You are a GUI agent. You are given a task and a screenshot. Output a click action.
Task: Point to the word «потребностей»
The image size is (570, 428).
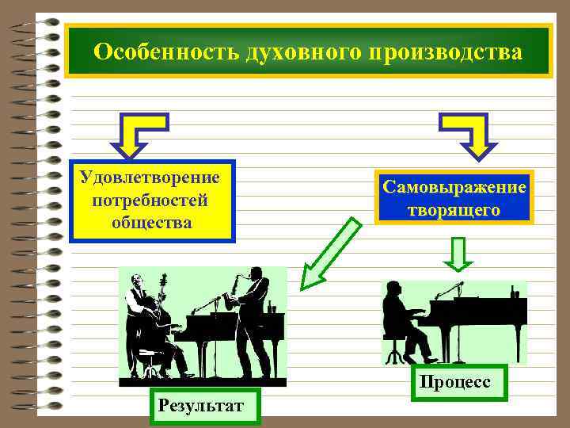click(150, 199)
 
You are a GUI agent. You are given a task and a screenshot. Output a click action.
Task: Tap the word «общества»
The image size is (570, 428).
click(152, 221)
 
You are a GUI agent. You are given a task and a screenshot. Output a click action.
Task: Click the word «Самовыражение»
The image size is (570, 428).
click(454, 187)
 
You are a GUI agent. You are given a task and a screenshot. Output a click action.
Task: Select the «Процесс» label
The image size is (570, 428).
click(455, 382)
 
